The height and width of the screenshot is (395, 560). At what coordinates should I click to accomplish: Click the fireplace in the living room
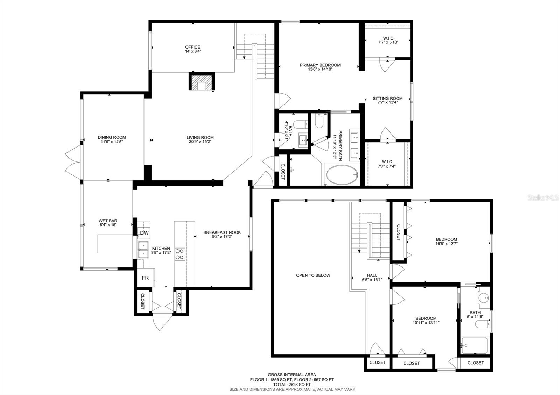click(202, 81)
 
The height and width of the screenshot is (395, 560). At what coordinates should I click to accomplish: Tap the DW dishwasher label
click(144, 233)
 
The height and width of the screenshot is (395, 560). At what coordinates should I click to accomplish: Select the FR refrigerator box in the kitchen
click(146, 278)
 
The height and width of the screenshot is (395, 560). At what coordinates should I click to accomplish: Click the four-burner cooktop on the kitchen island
click(180, 254)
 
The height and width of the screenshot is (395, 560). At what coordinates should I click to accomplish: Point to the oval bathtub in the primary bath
click(342, 175)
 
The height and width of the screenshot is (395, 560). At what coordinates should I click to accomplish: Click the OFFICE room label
click(193, 47)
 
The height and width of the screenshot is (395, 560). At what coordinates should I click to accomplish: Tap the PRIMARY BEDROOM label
click(320, 65)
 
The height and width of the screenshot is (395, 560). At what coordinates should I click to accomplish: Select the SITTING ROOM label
click(388, 98)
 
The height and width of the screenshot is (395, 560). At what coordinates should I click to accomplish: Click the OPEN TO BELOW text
click(313, 275)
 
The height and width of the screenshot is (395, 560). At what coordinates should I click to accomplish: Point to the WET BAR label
click(108, 221)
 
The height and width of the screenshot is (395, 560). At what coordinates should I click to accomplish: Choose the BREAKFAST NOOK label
click(222, 232)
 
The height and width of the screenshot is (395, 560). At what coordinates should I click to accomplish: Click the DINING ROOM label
click(112, 137)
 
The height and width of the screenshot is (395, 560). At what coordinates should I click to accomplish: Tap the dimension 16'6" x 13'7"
click(447, 243)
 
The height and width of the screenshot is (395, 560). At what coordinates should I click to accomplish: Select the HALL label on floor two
click(372, 275)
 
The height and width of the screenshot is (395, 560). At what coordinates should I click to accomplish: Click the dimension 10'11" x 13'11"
click(426, 323)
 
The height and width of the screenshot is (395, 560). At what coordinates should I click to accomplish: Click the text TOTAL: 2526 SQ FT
click(292, 385)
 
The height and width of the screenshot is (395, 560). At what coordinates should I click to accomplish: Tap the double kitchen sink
click(143, 250)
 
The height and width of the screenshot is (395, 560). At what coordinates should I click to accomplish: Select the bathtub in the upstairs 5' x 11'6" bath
click(475, 346)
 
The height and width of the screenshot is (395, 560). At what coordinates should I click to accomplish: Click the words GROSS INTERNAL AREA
click(292, 374)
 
